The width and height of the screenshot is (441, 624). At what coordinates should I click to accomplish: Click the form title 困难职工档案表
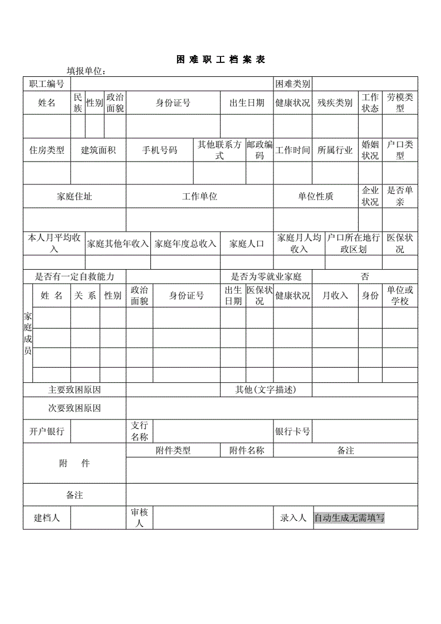(x=220, y=60)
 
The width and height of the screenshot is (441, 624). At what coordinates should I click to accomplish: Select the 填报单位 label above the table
(x=86, y=71)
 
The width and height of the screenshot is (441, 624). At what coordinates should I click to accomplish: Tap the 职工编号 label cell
(x=47, y=84)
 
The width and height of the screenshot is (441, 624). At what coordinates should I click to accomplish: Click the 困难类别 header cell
(x=292, y=84)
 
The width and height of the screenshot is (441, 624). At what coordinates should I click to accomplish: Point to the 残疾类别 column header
(x=335, y=103)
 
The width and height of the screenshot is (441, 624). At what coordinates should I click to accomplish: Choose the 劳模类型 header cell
(x=400, y=103)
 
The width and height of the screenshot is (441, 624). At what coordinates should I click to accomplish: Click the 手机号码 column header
(x=159, y=150)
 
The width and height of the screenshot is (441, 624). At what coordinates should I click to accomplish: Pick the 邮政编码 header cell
(x=259, y=150)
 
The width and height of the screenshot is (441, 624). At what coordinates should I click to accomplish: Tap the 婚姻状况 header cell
(x=370, y=150)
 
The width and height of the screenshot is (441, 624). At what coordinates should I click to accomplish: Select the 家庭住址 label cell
(x=75, y=196)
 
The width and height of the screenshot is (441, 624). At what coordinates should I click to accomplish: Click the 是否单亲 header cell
(x=400, y=196)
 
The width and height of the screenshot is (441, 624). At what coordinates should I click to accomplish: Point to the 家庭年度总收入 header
(x=185, y=243)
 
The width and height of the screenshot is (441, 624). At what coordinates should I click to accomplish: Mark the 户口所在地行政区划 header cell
(x=354, y=243)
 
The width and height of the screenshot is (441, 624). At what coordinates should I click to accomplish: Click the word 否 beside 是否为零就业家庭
(x=365, y=277)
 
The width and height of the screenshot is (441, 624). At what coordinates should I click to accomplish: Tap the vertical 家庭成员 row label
(x=28, y=333)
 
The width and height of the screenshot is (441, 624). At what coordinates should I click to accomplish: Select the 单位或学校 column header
(x=400, y=295)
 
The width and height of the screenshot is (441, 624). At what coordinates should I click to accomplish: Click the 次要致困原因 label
(x=75, y=408)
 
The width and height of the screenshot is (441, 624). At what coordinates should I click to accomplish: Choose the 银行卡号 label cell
(x=292, y=431)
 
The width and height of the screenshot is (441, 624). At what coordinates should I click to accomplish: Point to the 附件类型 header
(x=173, y=451)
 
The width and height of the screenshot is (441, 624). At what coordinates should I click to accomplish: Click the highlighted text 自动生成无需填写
(x=349, y=518)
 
